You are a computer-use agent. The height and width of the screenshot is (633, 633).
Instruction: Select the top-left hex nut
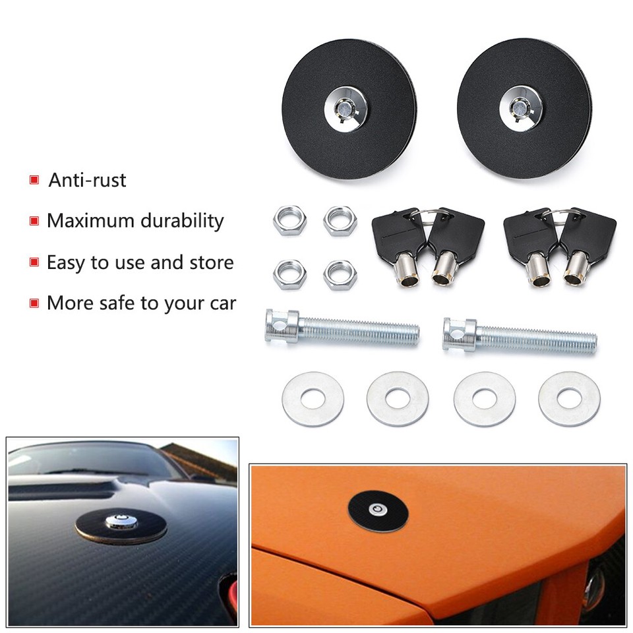click(289, 221)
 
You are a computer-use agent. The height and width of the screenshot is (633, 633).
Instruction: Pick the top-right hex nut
click(340, 221)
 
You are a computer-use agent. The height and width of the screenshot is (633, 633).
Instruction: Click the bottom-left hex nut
click(289, 274)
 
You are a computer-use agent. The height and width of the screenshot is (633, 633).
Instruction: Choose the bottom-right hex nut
click(340, 274)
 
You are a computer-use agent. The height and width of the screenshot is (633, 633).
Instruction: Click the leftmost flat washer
click(313, 398)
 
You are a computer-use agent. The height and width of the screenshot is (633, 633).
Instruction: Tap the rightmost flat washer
click(569, 398)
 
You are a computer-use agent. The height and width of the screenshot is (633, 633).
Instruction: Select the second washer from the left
click(398, 398)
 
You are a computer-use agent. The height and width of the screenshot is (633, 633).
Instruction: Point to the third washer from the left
click(485, 398)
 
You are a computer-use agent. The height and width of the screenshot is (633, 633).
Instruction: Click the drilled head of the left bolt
click(282, 326)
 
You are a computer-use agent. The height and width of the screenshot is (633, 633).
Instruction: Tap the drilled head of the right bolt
click(460, 334)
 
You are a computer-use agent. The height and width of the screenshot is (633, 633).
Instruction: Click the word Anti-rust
click(86, 180)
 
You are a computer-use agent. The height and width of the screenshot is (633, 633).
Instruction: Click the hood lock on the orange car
click(378, 510)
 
